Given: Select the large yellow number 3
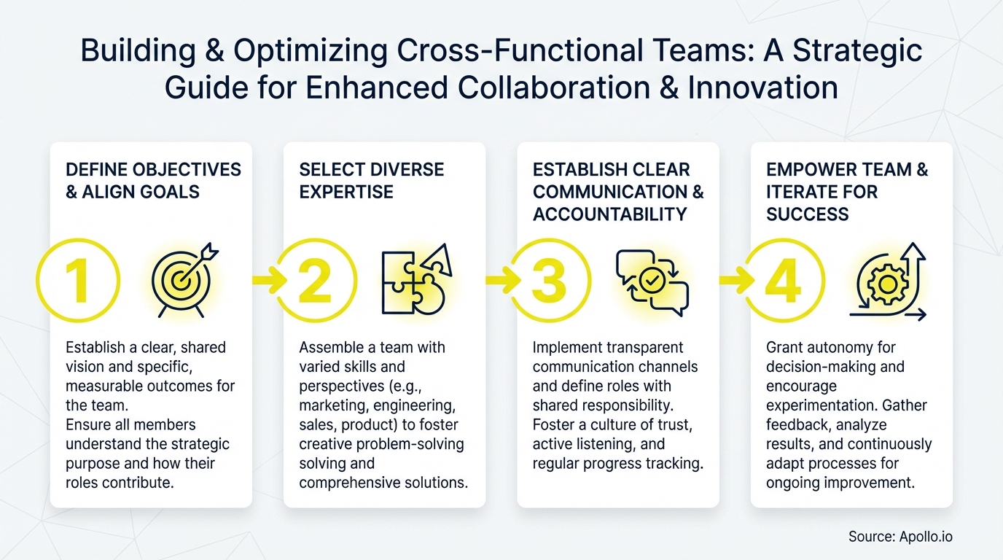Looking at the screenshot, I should (x=548, y=281).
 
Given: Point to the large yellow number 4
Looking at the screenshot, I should (x=784, y=281).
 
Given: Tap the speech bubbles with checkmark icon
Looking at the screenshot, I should (x=652, y=282).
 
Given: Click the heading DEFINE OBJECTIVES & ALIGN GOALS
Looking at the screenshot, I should (x=153, y=181).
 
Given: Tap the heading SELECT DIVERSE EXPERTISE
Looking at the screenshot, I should (x=371, y=181).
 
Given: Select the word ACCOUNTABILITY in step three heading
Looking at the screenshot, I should (x=609, y=214).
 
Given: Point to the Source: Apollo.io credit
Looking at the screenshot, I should (x=900, y=537).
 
